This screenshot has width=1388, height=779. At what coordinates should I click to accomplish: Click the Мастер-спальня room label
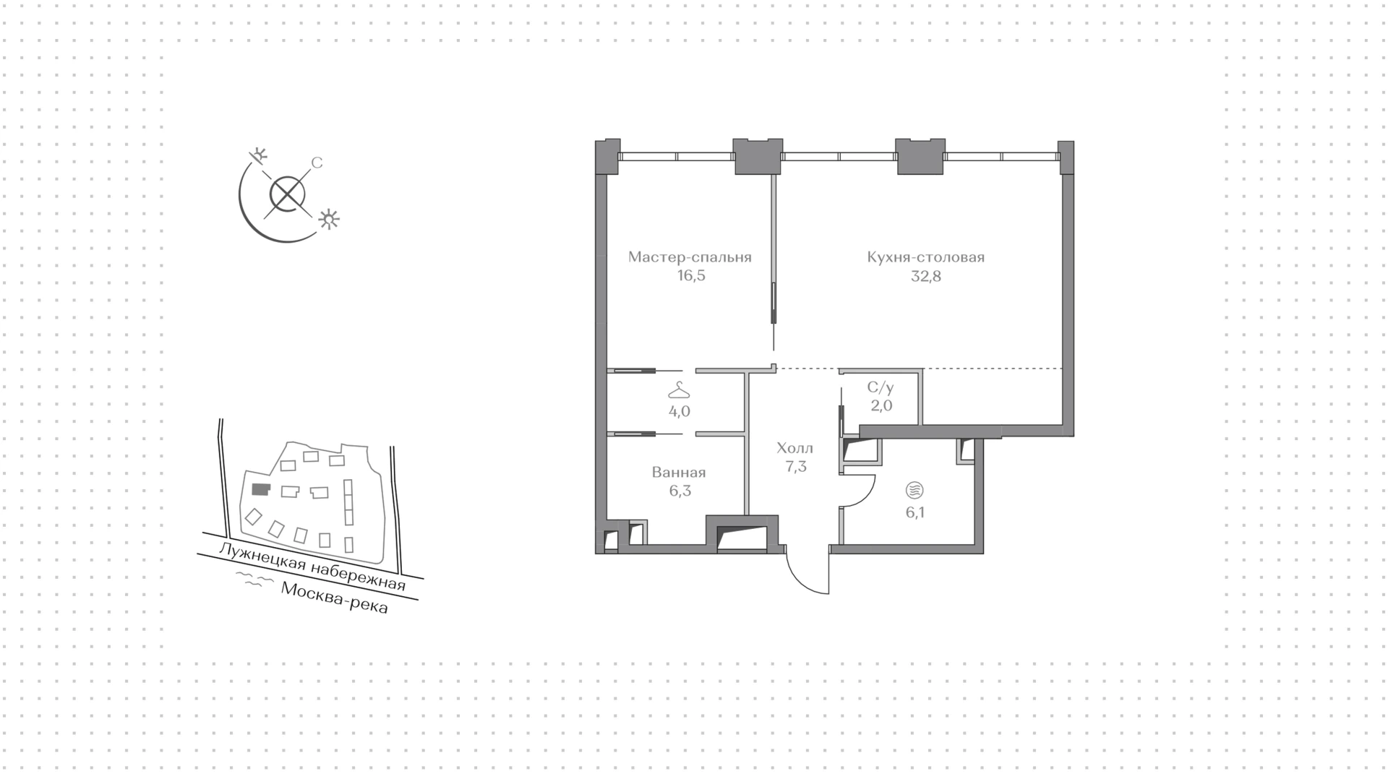click(690, 257)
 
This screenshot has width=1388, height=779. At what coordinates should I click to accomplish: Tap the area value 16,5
click(690, 276)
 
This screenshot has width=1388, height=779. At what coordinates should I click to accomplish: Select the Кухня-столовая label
click(926, 257)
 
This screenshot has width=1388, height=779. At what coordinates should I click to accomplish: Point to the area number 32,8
click(926, 276)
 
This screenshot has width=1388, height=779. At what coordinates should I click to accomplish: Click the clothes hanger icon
click(679, 391)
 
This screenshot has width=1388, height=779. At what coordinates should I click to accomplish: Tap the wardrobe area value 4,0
click(680, 412)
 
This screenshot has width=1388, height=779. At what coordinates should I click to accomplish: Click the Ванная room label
click(679, 473)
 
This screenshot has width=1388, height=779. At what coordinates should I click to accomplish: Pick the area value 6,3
click(679, 491)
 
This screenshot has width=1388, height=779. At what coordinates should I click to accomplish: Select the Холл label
click(795, 448)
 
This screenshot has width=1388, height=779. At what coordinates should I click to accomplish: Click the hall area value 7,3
click(795, 467)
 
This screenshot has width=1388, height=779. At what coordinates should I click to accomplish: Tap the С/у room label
click(881, 387)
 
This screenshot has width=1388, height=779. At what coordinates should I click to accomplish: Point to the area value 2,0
click(881, 406)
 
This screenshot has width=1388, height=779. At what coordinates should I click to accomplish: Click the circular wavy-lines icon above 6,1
click(914, 491)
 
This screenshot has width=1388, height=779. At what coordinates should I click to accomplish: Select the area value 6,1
click(914, 513)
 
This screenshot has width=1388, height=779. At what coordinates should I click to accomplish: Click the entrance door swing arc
click(799, 577)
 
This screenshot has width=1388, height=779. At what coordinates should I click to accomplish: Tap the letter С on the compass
click(317, 163)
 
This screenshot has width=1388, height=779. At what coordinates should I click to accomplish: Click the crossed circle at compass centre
click(287, 194)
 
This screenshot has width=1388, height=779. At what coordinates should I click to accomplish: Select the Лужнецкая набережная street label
click(312, 567)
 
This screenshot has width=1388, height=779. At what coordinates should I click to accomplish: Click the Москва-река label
click(335, 598)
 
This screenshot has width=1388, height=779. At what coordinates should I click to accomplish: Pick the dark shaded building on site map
click(260, 490)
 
